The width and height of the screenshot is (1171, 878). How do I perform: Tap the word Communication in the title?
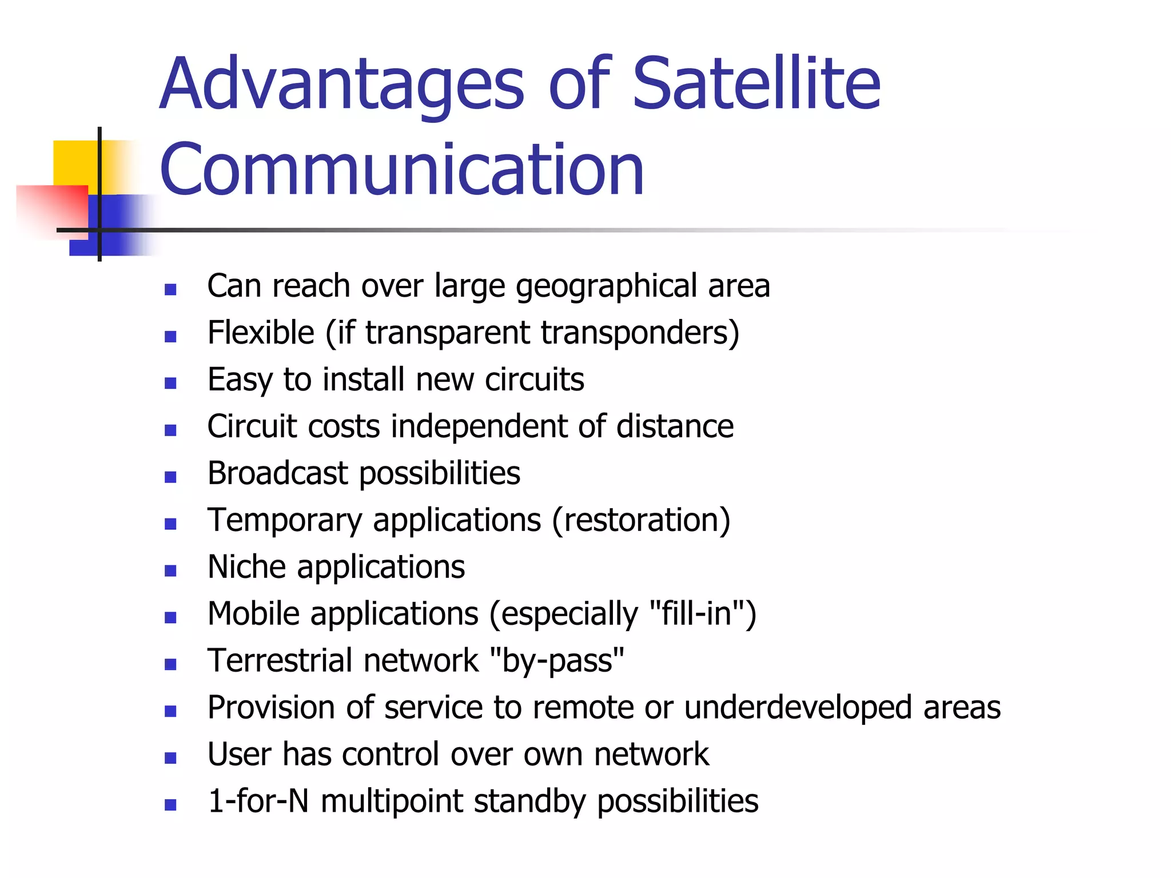[x=402, y=170]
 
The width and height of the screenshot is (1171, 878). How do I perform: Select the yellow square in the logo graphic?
[x=74, y=163]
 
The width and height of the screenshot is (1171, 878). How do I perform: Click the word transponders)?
[x=640, y=333]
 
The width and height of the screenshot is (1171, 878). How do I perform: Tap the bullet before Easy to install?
[x=170, y=383]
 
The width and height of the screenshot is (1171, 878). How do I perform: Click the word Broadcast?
[x=277, y=473]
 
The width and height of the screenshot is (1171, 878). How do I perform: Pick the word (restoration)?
[x=641, y=521]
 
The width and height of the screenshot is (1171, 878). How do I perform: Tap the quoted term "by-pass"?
[x=557, y=661]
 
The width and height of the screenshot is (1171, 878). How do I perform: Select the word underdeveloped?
[x=797, y=708]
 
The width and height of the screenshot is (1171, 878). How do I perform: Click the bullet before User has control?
[x=170, y=758]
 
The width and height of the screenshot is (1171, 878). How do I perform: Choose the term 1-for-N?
[x=258, y=801]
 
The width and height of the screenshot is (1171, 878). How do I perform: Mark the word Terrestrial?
[x=280, y=661]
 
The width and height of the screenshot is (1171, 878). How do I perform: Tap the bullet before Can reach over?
[x=170, y=290]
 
